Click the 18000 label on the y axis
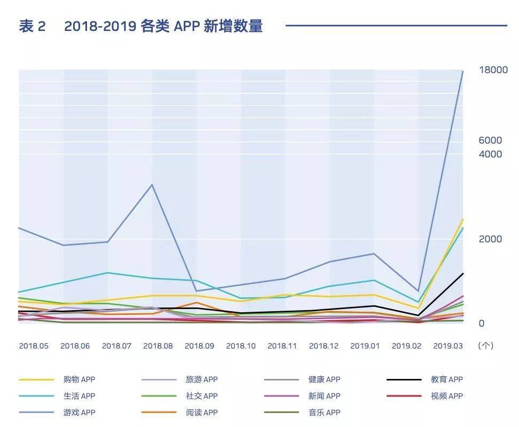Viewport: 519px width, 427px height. [x=493, y=70]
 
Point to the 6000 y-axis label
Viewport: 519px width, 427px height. [x=490, y=140]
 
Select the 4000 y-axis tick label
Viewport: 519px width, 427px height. [x=490, y=154]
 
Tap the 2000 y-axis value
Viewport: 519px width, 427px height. [x=490, y=239]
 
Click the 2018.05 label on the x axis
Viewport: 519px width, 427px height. [x=34, y=346]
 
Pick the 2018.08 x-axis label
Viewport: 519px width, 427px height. [x=158, y=346]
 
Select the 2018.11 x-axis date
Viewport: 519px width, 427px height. [x=282, y=346]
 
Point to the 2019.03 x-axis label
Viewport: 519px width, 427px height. [x=447, y=346]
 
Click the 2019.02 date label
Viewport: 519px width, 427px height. [x=406, y=346]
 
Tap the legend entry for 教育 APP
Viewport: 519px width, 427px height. [x=447, y=379]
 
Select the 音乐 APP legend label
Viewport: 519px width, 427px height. [x=324, y=413]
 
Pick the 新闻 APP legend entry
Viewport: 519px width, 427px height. [x=324, y=396]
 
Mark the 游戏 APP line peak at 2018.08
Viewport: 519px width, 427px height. [x=152, y=185]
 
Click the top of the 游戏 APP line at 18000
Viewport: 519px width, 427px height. [x=462, y=72]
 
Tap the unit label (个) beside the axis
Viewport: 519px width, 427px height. [x=486, y=346]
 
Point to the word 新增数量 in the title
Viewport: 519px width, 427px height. [x=233, y=26]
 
